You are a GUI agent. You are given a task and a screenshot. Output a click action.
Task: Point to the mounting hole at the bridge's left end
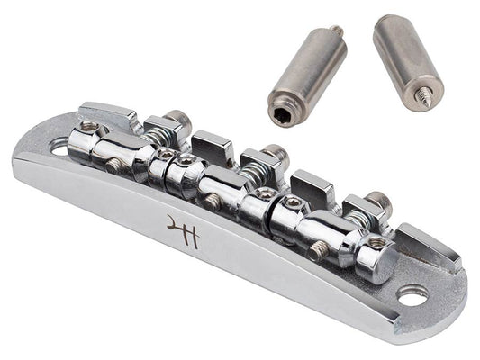59,147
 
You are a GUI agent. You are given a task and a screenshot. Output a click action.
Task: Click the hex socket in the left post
279,117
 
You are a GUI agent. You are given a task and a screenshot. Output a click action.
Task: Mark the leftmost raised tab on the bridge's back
109,115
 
